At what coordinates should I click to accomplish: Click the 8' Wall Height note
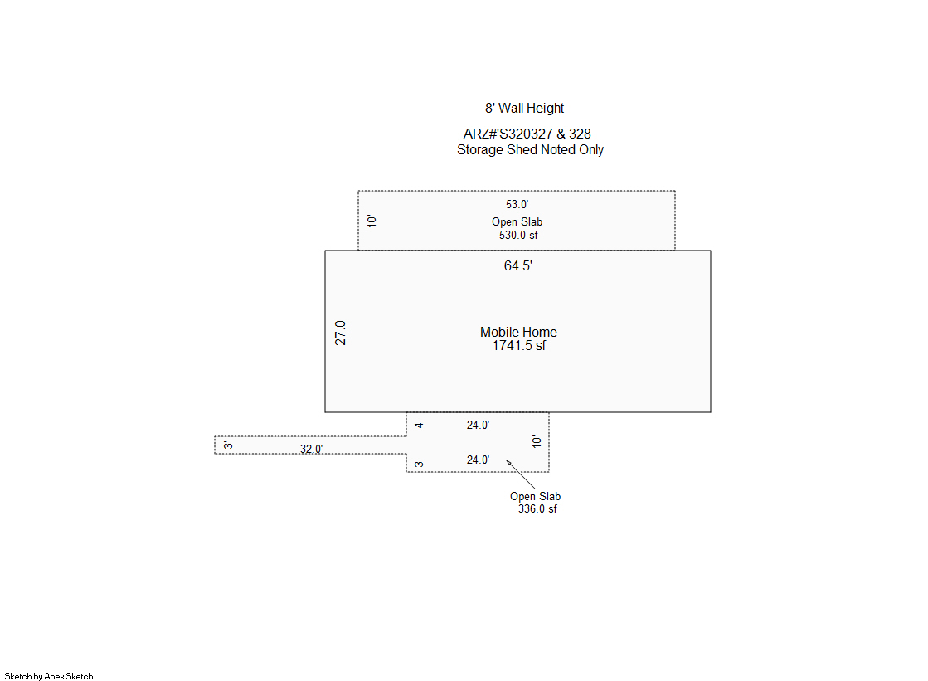click(524, 109)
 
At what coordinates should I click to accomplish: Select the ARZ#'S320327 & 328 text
click(527, 134)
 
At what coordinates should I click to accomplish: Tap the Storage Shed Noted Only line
click(530, 150)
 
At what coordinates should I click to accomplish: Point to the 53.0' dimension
click(517, 204)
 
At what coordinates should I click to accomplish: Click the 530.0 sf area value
click(518, 235)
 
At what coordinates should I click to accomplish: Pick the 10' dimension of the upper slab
click(372, 221)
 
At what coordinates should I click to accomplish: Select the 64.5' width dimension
click(517, 266)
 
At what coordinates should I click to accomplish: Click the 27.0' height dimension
click(340, 332)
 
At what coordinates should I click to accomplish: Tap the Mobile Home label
click(518, 333)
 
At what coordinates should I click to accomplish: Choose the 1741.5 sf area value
click(519, 346)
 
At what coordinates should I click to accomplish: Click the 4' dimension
click(419, 425)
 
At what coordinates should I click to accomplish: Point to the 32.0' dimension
click(311, 449)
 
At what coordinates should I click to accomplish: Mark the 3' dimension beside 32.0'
click(228, 445)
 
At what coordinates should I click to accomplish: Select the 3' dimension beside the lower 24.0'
click(419, 463)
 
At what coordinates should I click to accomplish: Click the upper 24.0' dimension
click(478, 426)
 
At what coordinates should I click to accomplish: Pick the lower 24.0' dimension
click(478, 460)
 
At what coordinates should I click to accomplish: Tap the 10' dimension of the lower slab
click(537, 441)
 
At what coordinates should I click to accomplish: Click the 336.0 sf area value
click(537, 509)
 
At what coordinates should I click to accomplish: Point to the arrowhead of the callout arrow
click(507, 460)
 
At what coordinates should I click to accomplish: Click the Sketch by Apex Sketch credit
click(49, 676)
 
